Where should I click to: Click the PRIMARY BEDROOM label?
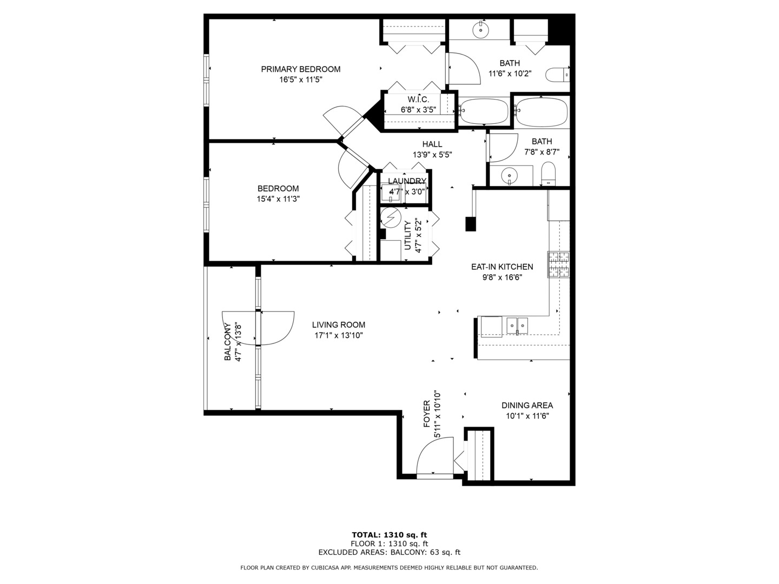301,69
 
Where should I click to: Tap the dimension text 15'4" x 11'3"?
278,198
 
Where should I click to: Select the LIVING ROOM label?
339,325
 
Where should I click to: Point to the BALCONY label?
228,342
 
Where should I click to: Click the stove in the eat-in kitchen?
559,265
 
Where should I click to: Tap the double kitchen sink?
517,326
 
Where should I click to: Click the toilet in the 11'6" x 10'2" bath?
558,74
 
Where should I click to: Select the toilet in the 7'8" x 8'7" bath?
549,174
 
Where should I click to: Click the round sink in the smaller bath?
509,175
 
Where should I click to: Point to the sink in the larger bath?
480,30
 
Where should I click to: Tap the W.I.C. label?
418,99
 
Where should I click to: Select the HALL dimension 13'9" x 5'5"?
432,155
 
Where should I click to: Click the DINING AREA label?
527,406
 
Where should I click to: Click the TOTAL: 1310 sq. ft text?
389,535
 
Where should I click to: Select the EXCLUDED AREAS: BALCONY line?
389,552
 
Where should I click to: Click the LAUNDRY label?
407,181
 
